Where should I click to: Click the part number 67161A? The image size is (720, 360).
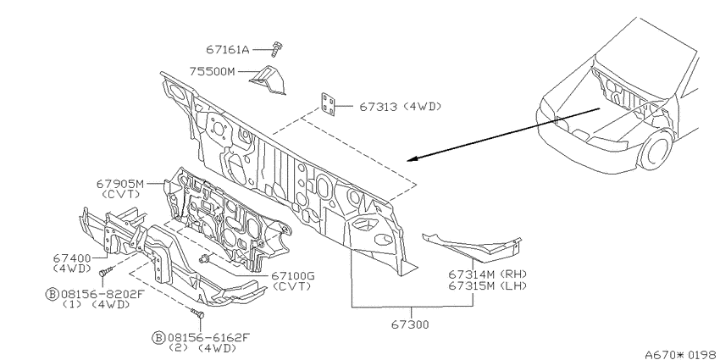[227, 49]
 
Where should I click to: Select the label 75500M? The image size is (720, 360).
[212, 72]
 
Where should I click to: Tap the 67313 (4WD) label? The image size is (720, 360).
[400, 107]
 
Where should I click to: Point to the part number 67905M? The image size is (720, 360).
[120, 184]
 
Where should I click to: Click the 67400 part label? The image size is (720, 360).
[72, 259]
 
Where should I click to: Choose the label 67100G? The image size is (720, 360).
[293, 276]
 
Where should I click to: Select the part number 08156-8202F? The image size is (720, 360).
[102, 294]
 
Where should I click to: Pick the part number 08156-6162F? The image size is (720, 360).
[208, 339]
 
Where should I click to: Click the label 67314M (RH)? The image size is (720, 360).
[487, 274]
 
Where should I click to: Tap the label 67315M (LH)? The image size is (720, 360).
[487, 285]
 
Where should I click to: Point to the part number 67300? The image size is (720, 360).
[410, 325]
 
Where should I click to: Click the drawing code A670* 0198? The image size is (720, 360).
[681, 354]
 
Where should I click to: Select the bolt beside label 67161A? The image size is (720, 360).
[276, 49]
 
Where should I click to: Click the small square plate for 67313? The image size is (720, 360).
[328, 105]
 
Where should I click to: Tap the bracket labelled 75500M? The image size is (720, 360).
[268, 80]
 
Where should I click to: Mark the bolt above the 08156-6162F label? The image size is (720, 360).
[197, 314]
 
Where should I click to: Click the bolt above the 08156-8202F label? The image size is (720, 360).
[105, 272]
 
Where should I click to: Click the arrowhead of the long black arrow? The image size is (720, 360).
[413, 159]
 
